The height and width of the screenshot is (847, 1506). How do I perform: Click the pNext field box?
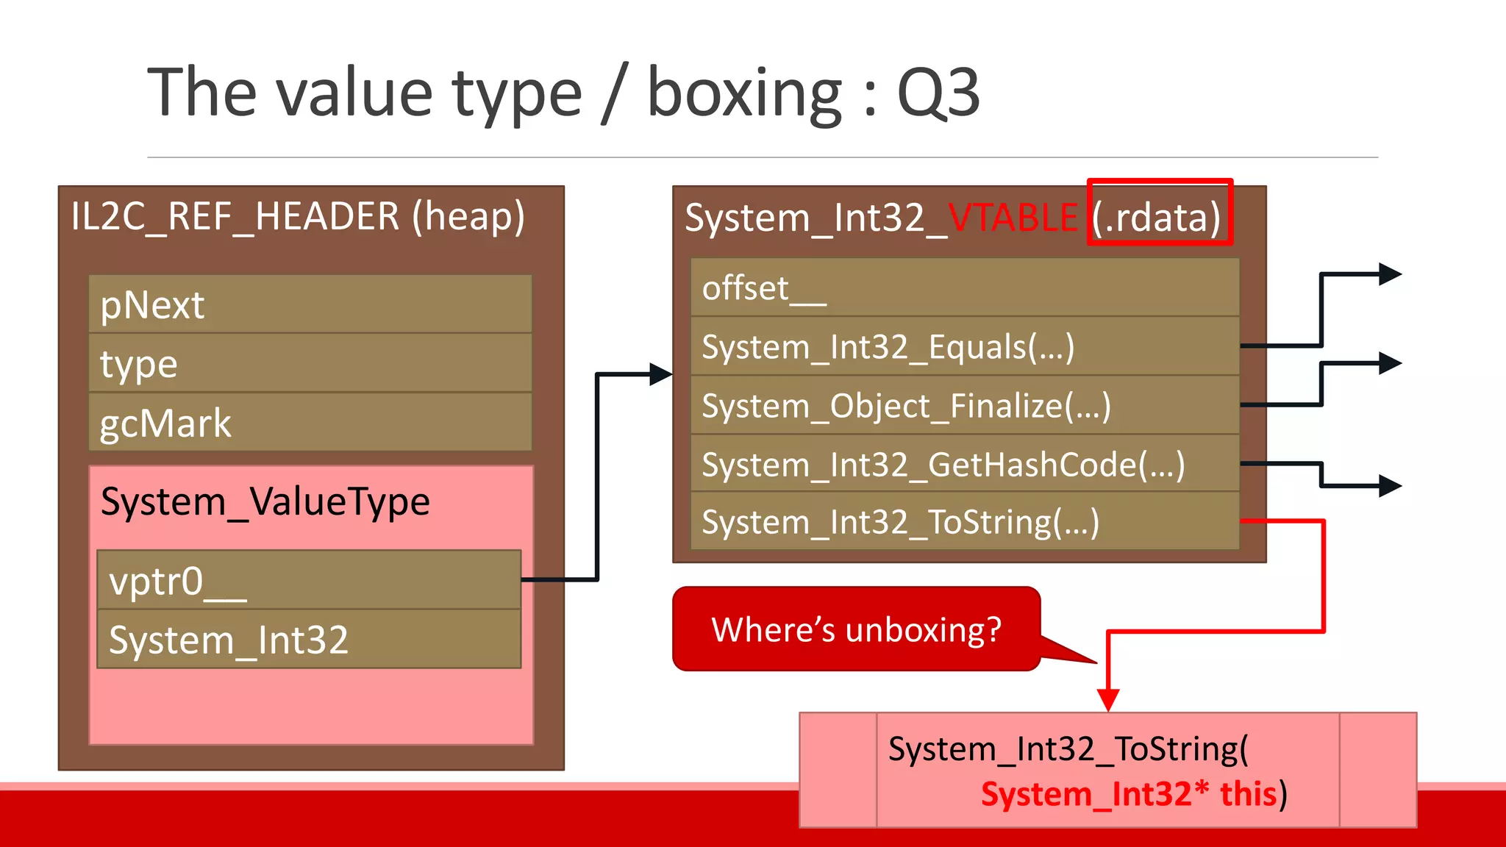(310, 304)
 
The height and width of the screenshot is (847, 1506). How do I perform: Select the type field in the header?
(310, 363)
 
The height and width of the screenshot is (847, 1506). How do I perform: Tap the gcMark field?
(310, 423)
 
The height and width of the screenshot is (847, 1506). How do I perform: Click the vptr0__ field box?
(309, 580)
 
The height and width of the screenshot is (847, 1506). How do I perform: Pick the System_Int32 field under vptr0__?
(309, 639)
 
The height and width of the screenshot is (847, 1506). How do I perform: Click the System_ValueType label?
(265, 502)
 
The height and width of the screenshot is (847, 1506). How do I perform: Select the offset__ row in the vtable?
(965, 287)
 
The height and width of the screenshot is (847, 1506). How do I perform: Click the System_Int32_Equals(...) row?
(965, 346)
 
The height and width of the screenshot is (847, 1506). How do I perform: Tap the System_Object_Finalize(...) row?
(965, 405)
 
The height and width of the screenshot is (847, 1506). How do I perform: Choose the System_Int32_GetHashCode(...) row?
(965, 464)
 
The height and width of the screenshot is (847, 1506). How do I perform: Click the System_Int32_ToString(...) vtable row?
(965, 522)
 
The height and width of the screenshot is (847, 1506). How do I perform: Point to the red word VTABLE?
(1013, 218)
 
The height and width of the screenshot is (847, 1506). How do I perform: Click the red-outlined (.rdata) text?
(1158, 218)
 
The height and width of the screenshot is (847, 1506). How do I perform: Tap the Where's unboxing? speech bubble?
(857, 629)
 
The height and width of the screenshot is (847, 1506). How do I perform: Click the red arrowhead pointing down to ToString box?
(1108, 698)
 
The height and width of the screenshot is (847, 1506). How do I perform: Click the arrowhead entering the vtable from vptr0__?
(661, 374)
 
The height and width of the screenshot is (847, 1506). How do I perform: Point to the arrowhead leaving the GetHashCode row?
(1390, 485)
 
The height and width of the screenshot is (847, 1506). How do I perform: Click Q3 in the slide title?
(938, 93)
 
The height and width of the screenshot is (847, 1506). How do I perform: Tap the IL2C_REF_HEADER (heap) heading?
(298, 217)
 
